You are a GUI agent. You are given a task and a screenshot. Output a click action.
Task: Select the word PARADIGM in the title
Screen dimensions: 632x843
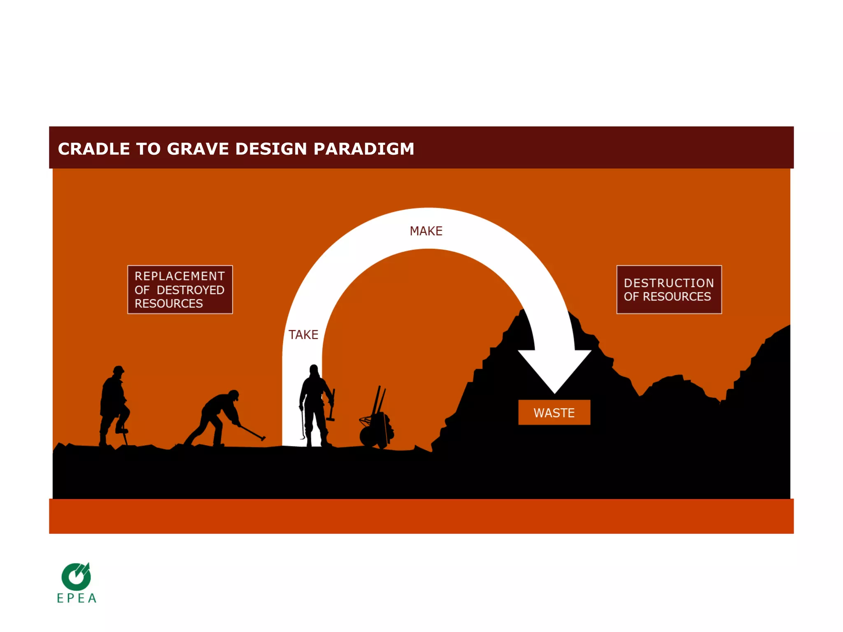pos(363,149)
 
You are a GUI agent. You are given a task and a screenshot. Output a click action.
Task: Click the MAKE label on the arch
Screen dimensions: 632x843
pos(426,231)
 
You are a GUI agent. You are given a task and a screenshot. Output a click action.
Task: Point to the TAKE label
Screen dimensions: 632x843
pos(303,335)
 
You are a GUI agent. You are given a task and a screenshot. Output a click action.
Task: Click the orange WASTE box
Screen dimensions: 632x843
pos(554,413)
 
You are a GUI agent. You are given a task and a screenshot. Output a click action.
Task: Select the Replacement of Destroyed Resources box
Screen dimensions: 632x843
pos(180,290)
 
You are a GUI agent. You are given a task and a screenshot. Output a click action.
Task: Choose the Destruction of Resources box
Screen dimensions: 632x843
pos(669,290)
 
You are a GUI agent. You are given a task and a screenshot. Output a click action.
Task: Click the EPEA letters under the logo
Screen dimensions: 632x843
pos(77,598)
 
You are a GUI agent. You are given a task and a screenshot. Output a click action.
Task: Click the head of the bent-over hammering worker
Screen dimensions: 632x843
pos(233,395)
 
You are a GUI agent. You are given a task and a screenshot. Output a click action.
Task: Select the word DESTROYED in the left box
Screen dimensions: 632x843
pos(191,290)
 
